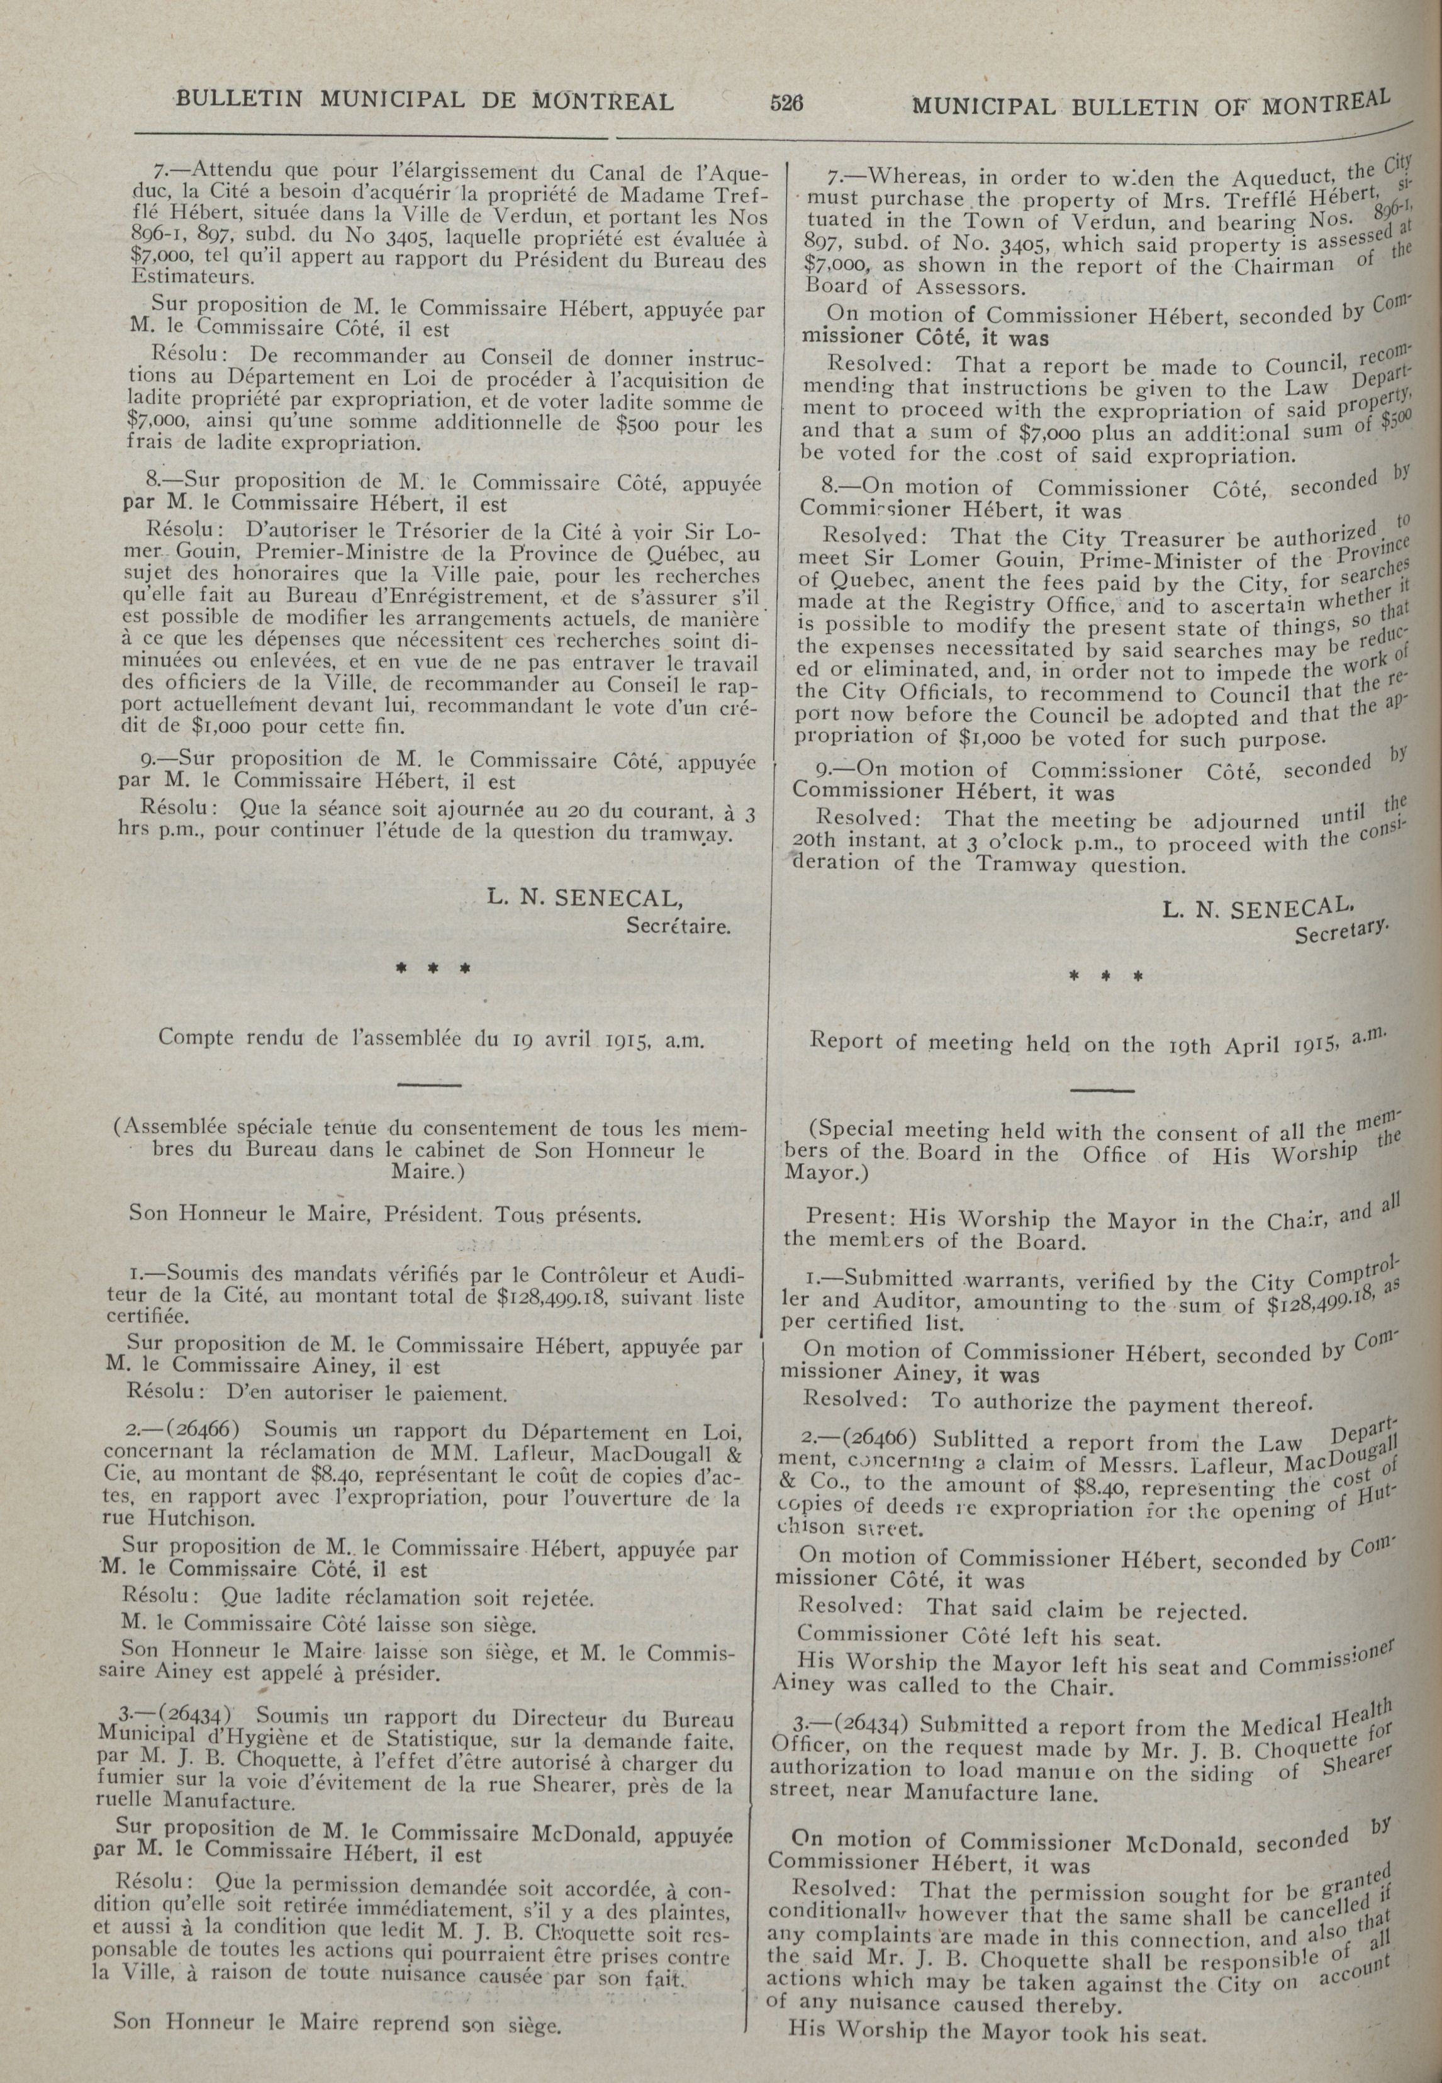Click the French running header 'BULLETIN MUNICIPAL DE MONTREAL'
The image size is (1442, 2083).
point(425,100)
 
